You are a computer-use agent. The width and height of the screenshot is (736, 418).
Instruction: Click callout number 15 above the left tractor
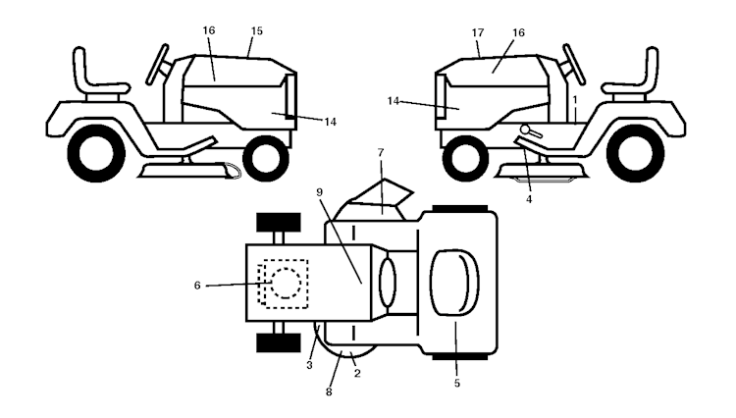point(256,31)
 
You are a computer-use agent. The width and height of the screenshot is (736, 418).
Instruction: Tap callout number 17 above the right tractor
point(477,32)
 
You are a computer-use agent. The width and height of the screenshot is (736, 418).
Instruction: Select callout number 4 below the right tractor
point(529,199)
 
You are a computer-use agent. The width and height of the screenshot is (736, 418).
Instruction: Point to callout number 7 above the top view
point(380,152)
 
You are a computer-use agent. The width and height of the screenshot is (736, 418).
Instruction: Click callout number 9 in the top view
point(320,192)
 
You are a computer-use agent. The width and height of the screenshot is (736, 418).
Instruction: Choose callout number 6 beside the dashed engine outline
point(197,286)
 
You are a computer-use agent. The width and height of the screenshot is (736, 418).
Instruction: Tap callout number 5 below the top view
point(457,384)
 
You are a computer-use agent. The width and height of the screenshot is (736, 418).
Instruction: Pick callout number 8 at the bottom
point(329,392)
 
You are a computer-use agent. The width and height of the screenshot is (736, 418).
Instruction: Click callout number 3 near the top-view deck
point(309,365)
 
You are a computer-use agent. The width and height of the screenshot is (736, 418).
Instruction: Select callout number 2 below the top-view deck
point(357,374)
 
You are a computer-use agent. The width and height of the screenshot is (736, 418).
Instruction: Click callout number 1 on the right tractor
point(575,100)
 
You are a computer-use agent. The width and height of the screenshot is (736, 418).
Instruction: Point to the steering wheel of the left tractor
point(157,65)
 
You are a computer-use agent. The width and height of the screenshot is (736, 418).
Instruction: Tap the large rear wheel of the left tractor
point(96,153)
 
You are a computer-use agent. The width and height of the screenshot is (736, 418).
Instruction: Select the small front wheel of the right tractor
point(465,158)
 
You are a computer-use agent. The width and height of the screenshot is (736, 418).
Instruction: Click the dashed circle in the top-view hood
point(286,283)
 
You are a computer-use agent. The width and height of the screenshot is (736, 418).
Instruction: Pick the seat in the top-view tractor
point(454,282)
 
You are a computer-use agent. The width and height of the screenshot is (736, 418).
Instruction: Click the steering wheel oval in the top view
point(388,283)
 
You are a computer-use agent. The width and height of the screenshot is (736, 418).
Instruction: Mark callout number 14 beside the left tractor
point(330,122)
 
